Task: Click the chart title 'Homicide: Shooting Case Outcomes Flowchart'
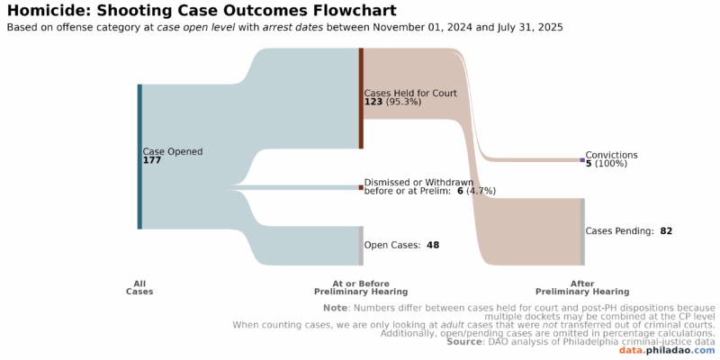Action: click(x=202, y=10)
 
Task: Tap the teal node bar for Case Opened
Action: click(x=139, y=157)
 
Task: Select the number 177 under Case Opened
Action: click(x=152, y=160)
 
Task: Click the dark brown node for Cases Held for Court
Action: click(x=362, y=98)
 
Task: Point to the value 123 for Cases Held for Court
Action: click(x=373, y=102)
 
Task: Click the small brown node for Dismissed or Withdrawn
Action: click(x=361, y=187)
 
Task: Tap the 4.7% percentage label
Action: click(x=481, y=191)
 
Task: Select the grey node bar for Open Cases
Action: click(x=361, y=246)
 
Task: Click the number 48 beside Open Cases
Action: click(x=433, y=245)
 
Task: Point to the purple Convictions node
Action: click(x=582, y=160)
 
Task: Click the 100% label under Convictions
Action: click(x=611, y=164)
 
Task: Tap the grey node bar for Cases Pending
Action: click(x=582, y=232)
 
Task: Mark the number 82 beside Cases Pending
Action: click(x=666, y=231)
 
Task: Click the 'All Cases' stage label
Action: click(x=139, y=287)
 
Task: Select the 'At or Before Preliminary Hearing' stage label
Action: click(x=361, y=287)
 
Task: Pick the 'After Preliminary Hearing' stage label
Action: click(x=582, y=287)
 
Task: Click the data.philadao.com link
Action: click(x=666, y=351)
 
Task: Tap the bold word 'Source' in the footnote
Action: click(x=463, y=342)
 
